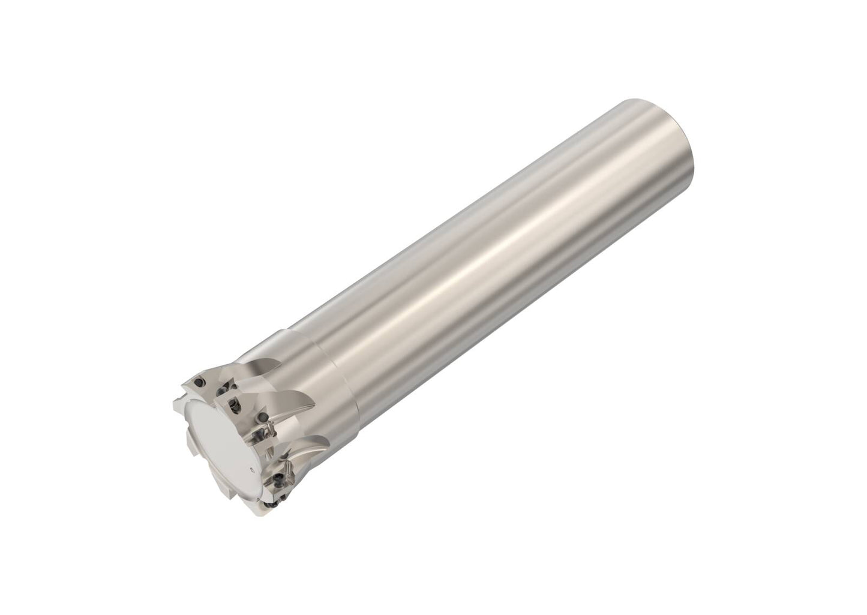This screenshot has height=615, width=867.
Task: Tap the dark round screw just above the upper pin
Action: pos(263,416)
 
